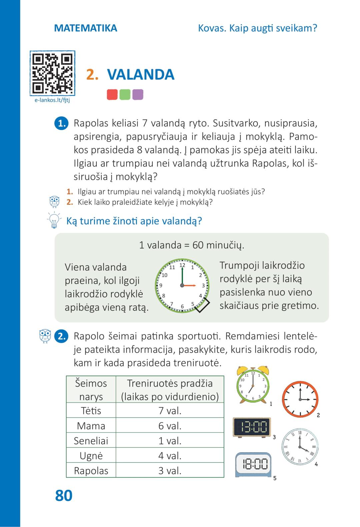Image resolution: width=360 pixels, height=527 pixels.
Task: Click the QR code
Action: pos(52,73)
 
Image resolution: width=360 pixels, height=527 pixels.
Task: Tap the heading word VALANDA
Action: pos(140,74)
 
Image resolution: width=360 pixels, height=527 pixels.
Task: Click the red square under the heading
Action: pos(112,95)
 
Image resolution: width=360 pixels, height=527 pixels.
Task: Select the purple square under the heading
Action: pos(138,95)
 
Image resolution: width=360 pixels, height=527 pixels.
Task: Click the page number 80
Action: pos(64,495)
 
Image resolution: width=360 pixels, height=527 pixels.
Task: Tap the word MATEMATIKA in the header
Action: pos(86,28)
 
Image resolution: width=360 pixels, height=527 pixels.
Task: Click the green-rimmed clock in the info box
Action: pos(182,286)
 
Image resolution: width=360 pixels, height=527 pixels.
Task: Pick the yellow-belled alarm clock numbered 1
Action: pos(253,385)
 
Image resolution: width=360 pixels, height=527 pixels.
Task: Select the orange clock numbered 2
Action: pos(300,399)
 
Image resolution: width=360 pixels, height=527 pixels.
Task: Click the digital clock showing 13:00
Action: pos(252,427)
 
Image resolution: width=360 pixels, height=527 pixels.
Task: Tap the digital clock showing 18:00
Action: pos(254,464)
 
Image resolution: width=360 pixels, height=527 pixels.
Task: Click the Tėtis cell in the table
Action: pos(91,411)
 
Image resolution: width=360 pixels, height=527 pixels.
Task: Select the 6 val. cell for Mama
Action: pos(170,426)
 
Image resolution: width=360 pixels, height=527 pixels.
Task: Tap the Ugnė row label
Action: pos(91,456)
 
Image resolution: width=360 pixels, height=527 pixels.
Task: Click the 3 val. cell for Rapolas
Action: pos(170,471)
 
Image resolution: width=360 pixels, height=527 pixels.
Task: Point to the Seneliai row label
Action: pos(91,441)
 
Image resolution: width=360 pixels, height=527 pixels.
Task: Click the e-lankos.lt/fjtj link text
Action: pos(52,100)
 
